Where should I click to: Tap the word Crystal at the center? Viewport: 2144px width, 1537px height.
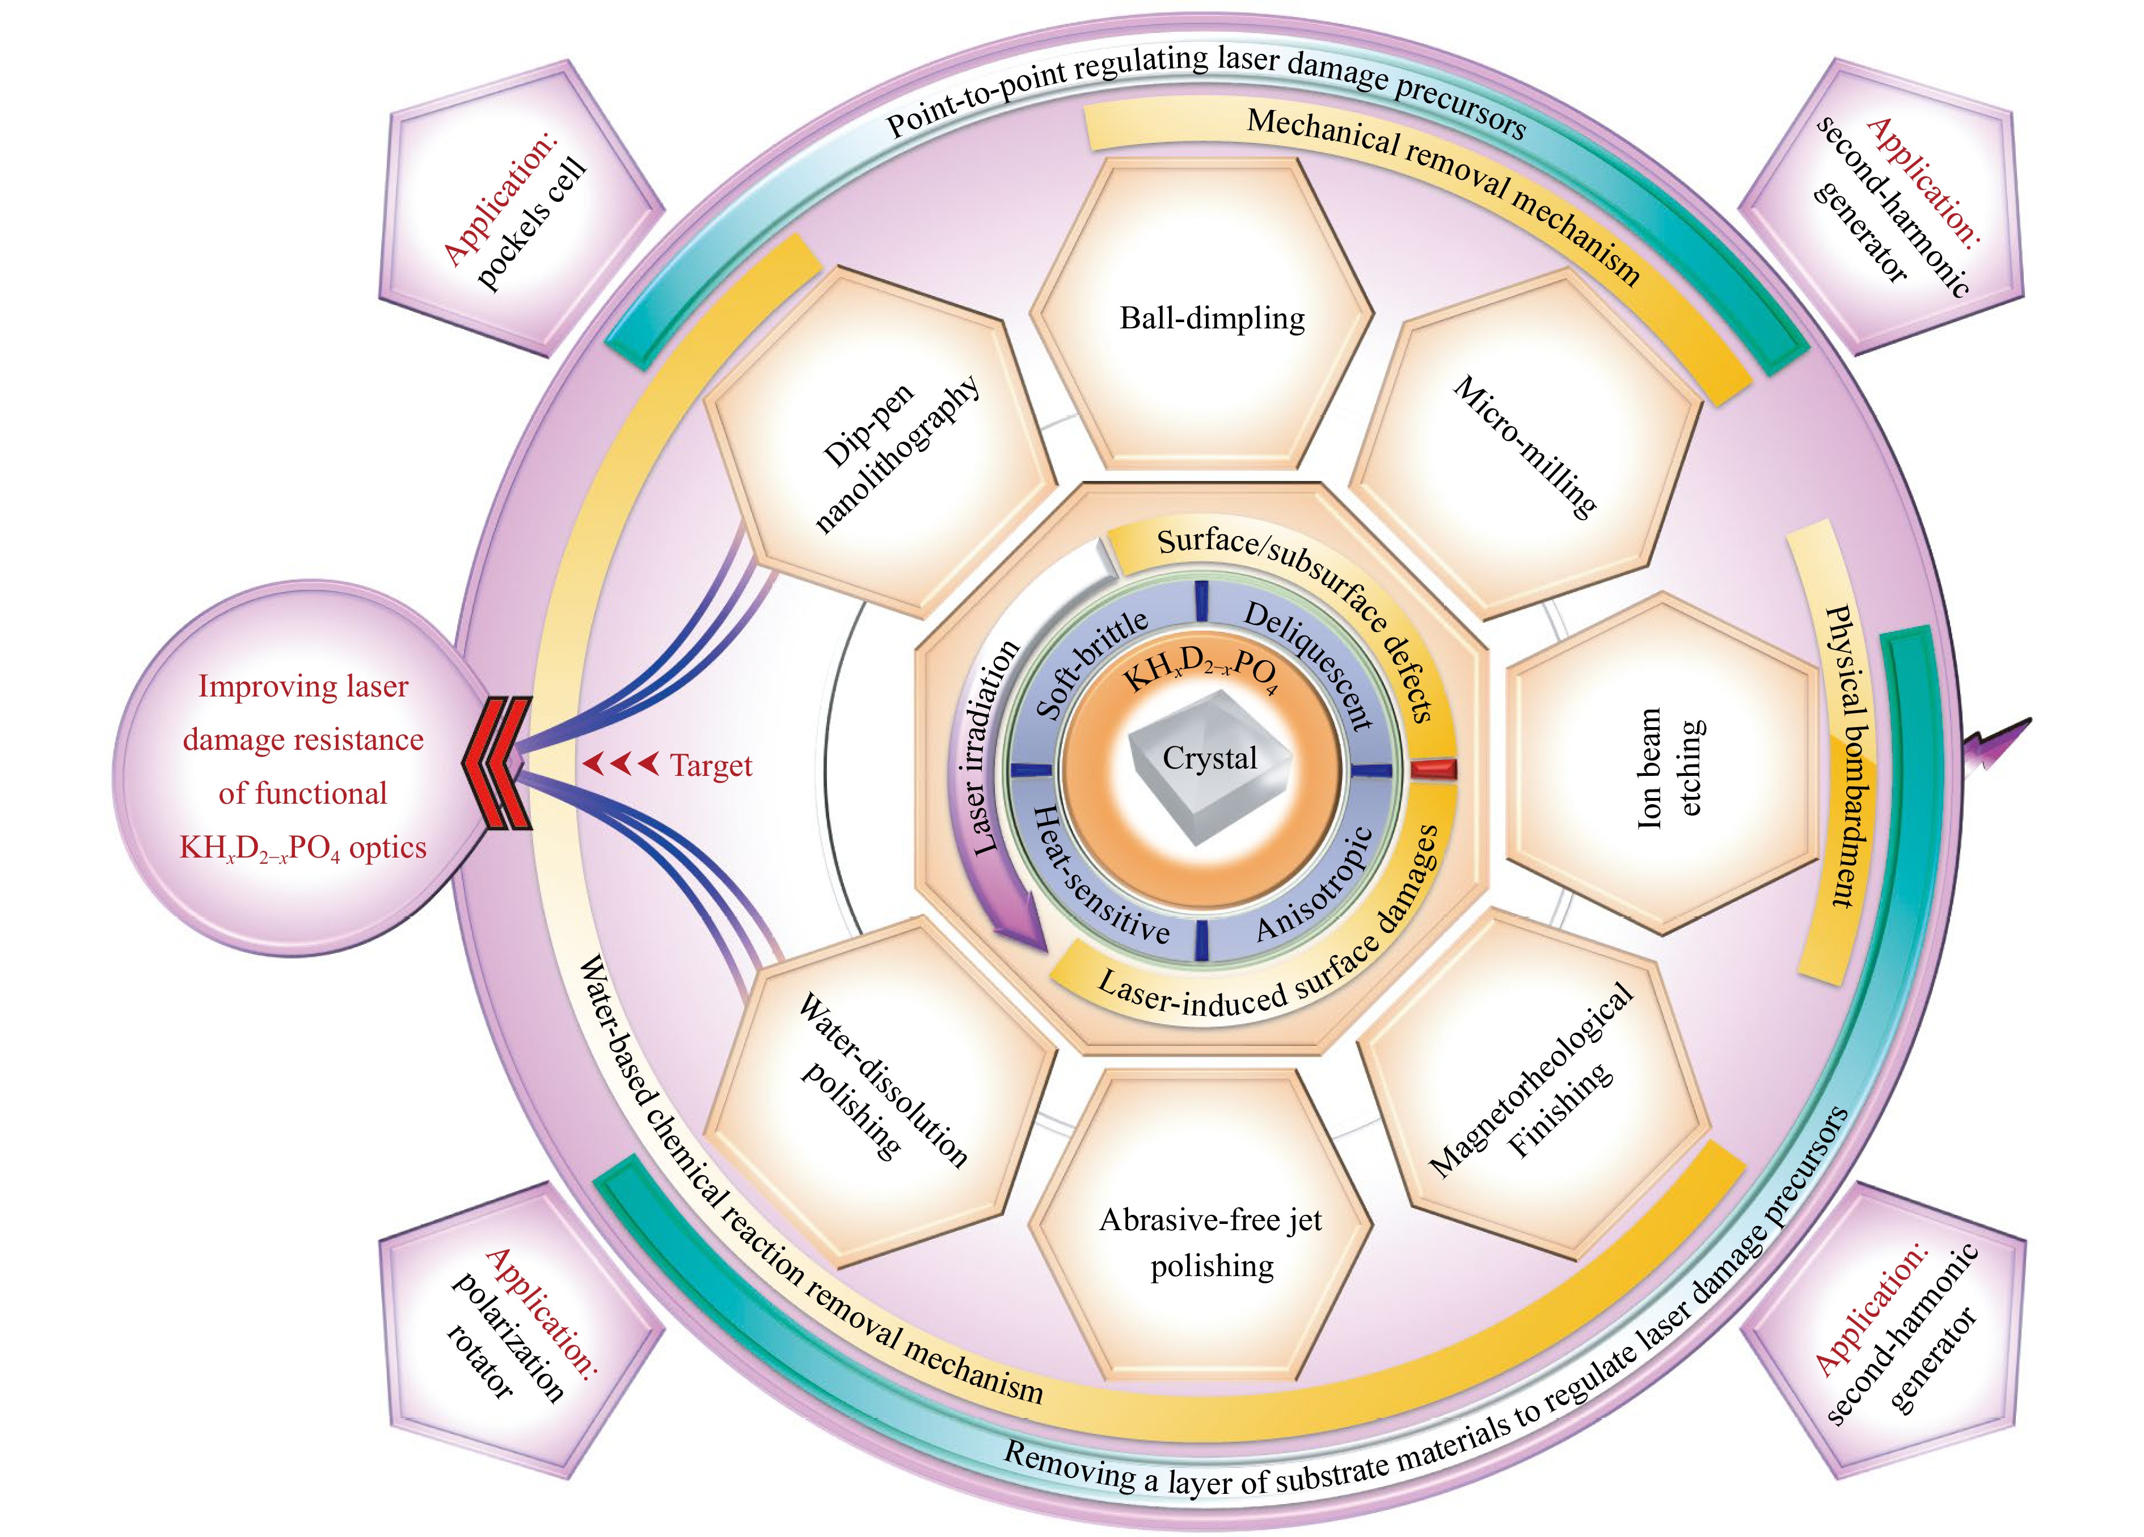click(1209, 758)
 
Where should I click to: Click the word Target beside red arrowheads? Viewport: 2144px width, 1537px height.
click(710, 766)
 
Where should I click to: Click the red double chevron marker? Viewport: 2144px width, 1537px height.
click(498, 764)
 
